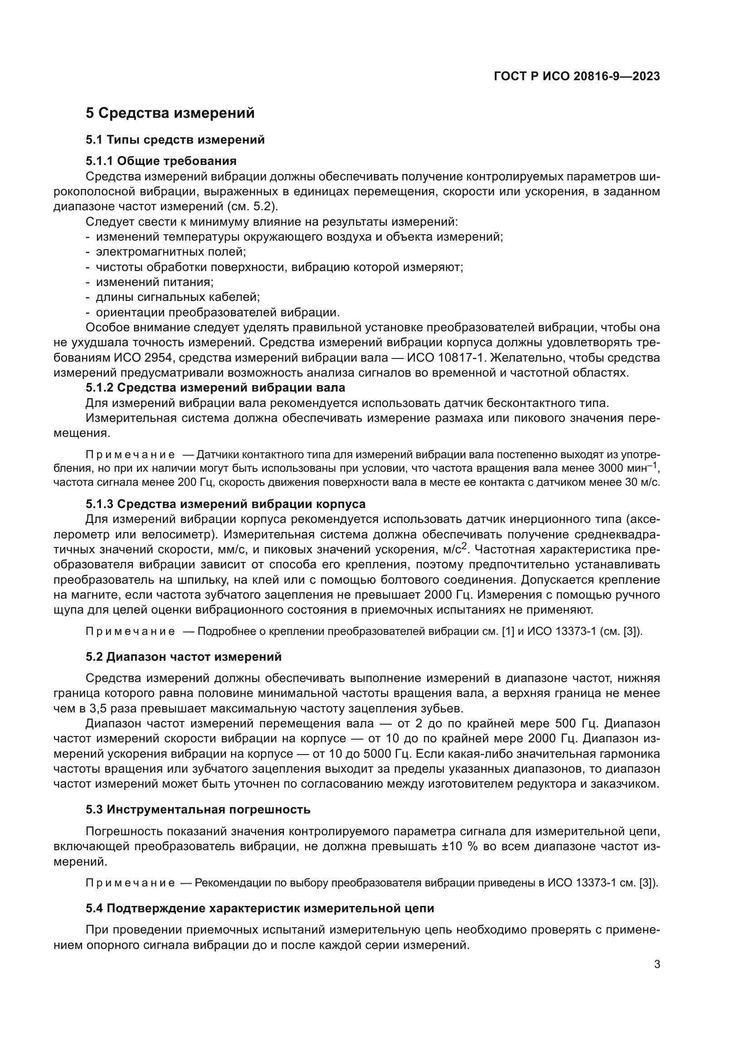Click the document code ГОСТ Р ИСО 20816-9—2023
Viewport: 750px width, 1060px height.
click(576, 76)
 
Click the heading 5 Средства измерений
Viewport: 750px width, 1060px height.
click(170, 113)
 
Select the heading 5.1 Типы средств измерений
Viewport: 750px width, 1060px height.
click(175, 140)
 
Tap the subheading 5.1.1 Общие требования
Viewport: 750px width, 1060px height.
click(161, 161)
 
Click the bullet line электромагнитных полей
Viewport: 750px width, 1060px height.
click(170, 252)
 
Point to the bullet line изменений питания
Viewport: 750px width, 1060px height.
click(154, 281)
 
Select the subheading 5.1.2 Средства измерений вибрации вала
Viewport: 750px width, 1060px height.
click(215, 387)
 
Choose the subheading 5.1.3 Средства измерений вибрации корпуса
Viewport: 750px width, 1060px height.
click(225, 503)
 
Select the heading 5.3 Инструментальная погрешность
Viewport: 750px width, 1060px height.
click(198, 809)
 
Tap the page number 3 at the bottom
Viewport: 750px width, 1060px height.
click(657, 964)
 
